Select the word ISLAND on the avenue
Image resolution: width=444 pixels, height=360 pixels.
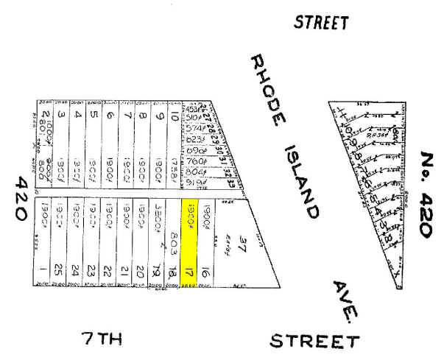pos(302,181)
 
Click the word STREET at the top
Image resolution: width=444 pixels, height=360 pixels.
pos(321,22)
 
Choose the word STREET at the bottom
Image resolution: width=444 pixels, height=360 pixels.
pos(314,341)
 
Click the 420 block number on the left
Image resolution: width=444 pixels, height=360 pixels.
pos(20,197)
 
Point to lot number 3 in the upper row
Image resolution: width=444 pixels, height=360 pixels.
pos(61,116)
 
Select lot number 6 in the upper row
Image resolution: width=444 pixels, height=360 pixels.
pos(110,116)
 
